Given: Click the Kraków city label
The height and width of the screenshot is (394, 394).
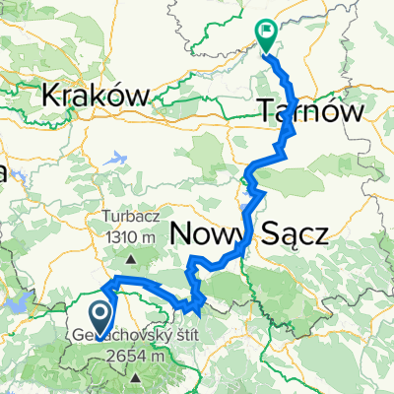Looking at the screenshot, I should tap(97, 95).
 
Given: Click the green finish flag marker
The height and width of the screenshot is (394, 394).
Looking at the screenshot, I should tap(267, 34).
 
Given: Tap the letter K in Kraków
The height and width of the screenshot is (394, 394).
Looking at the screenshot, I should tap(52, 95).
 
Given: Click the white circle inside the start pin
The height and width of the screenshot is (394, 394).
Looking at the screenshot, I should tap(100, 313).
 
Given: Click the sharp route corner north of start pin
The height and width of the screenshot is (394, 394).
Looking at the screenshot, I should tap(107, 287).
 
